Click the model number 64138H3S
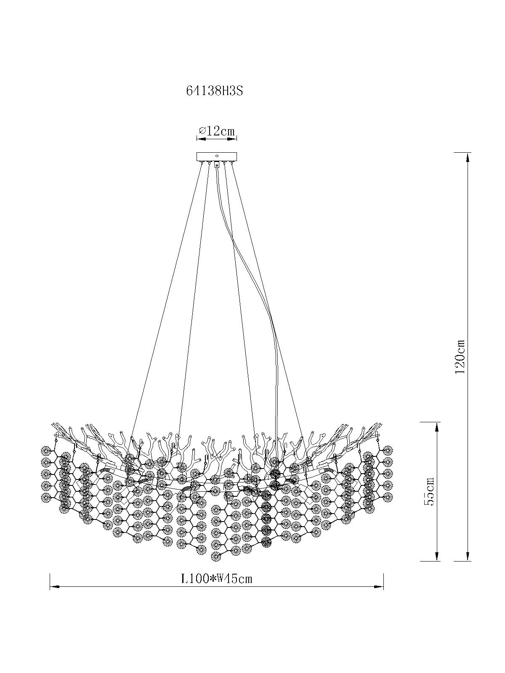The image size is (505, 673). [x=214, y=91]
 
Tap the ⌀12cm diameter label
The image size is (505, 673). [x=216, y=131]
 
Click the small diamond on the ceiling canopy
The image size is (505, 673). [x=217, y=156]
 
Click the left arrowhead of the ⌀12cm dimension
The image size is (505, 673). [x=200, y=139]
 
